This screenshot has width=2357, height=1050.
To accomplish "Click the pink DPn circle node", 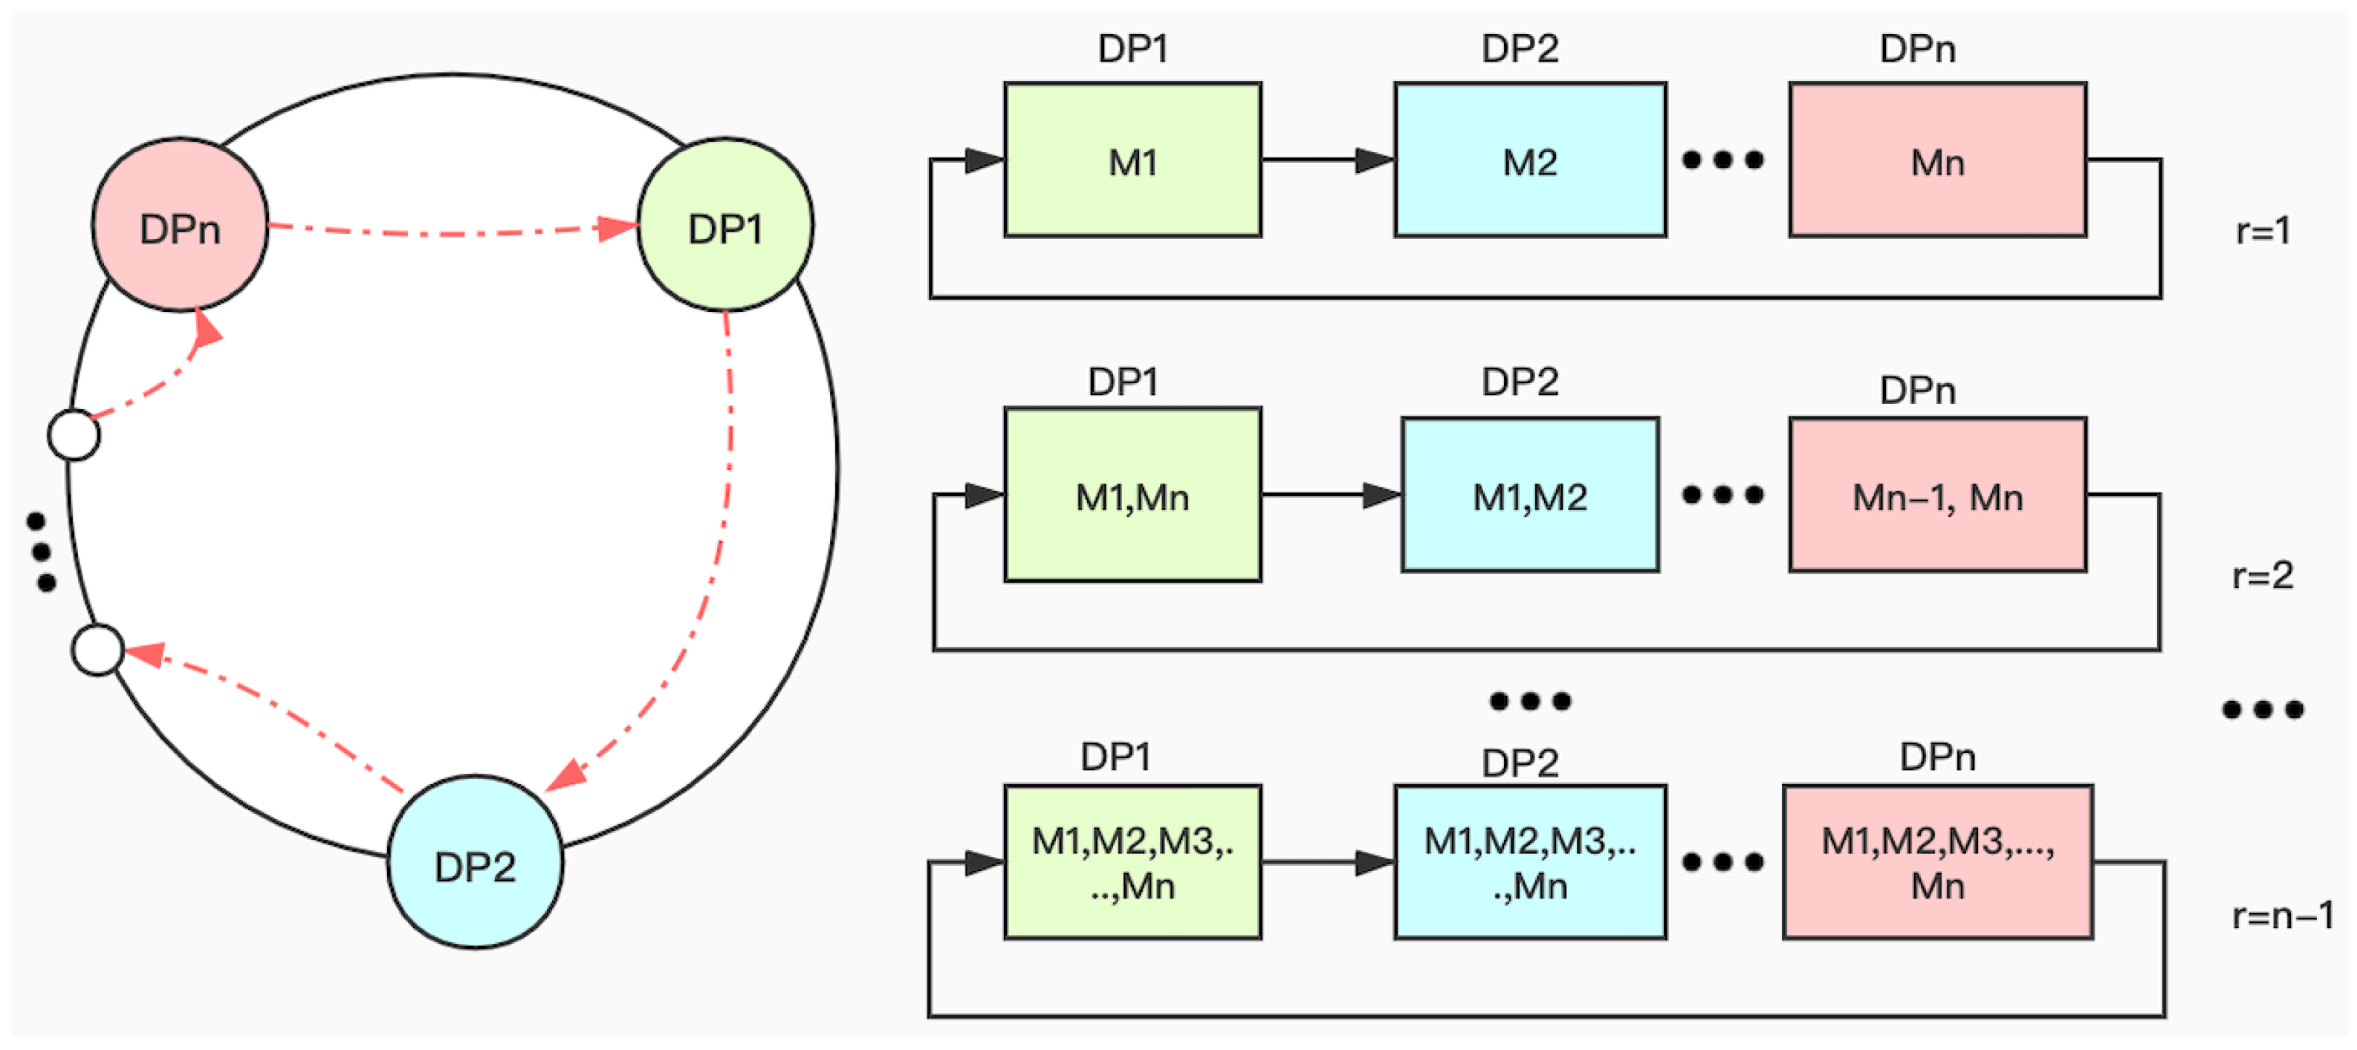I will click(x=181, y=225).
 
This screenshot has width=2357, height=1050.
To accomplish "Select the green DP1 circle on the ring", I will click(x=724, y=225).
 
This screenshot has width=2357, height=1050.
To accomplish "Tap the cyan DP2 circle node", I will click(x=475, y=861).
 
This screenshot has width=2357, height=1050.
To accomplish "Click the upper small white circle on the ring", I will click(x=74, y=434).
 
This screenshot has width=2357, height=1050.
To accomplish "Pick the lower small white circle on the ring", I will click(x=98, y=650).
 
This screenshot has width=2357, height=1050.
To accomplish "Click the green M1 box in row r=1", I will click(x=1132, y=160).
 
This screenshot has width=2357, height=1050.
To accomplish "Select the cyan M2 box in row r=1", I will click(x=1530, y=160).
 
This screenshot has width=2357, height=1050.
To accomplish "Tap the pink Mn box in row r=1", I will click(x=1937, y=160).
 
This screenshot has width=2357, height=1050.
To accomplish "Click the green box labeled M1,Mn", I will click(x=1132, y=495).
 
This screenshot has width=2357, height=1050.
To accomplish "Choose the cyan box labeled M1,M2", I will click(x=1530, y=495).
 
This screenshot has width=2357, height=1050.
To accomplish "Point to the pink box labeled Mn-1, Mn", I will click(x=1937, y=495).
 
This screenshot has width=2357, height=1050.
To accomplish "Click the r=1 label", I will click(x=2263, y=230).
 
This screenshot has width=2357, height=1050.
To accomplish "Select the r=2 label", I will click(x=2263, y=575).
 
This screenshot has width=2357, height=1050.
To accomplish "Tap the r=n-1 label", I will click(x=2282, y=916).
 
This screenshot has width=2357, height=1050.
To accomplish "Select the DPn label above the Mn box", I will click(x=1917, y=48).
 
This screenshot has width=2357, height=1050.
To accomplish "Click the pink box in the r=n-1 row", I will click(x=1937, y=861).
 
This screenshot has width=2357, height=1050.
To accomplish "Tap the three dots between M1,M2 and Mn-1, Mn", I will click(x=1723, y=495).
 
